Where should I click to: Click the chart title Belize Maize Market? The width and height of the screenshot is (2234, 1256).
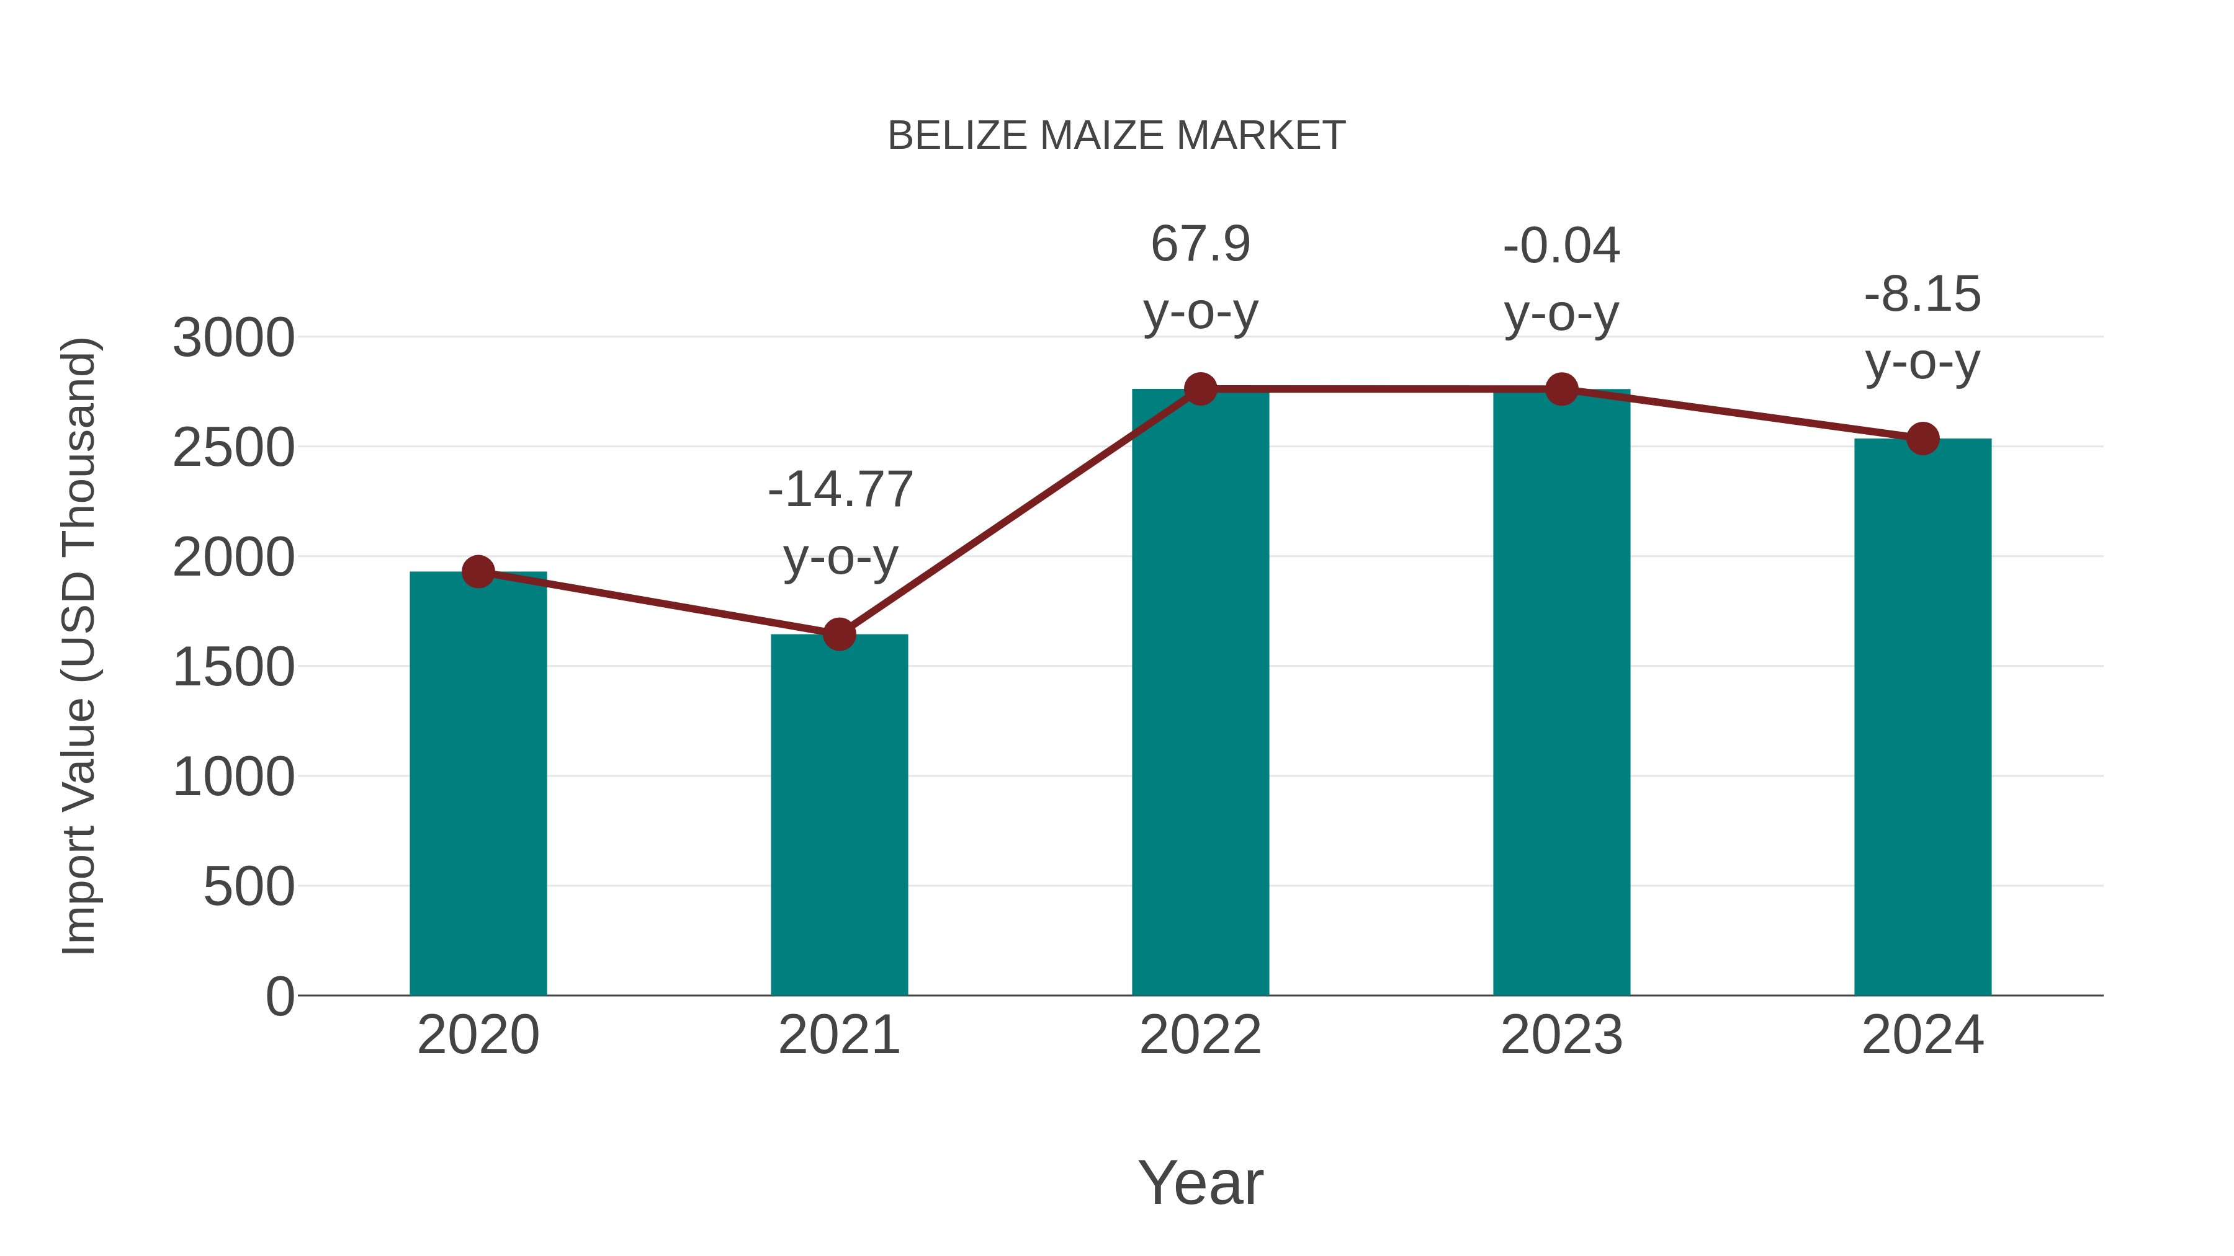point(1116,136)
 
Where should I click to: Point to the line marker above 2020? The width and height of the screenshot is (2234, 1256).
point(478,571)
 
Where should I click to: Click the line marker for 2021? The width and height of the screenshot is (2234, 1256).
point(838,635)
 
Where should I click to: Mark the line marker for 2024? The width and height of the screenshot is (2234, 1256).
point(1922,439)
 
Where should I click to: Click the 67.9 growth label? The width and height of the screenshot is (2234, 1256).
point(1200,244)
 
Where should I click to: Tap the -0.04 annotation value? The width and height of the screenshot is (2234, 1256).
point(1561,246)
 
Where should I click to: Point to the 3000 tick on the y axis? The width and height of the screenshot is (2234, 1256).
point(233,338)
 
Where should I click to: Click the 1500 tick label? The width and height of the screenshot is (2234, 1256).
point(233,667)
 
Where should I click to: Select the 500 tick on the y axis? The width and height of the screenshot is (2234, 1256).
point(249,887)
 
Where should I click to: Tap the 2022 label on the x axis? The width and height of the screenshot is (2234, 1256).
point(1200,1035)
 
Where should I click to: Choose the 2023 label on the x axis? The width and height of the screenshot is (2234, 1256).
point(1561,1035)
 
